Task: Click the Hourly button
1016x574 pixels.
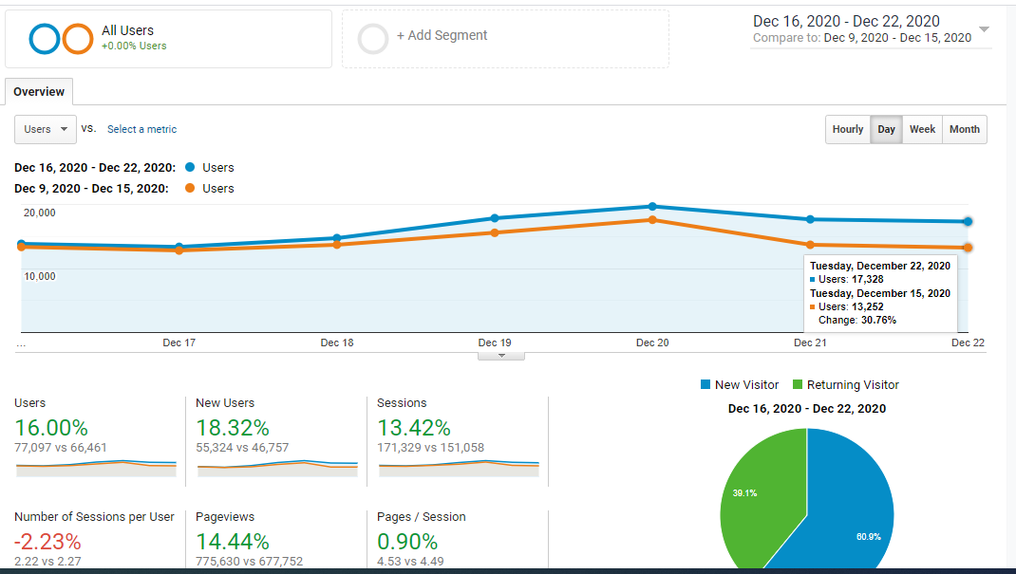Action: click(848, 129)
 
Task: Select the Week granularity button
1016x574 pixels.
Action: click(922, 129)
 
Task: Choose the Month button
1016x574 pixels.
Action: click(965, 129)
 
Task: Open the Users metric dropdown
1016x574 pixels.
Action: click(46, 129)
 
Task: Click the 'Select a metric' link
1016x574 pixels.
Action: click(141, 129)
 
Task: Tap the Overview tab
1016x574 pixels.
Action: click(39, 92)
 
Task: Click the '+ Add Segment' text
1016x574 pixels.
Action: click(442, 36)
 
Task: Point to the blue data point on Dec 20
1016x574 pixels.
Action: click(652, 207)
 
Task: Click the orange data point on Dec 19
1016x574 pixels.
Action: click(495, 232)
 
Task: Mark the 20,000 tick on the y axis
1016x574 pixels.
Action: click(40, 213)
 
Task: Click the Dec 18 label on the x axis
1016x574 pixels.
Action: click(337, 343)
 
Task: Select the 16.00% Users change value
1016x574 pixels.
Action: click(51, 428)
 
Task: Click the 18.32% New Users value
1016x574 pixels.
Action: click(233, 428)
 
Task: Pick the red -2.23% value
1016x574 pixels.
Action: click(47, 542)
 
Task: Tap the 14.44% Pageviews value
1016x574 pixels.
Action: click(233, 542)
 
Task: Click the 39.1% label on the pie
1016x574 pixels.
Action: click(744, 493)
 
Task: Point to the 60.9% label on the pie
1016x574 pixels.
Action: click(868, 536)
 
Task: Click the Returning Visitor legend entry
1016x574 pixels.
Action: click(846, 385)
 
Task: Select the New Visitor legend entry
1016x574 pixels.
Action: click(740, 385)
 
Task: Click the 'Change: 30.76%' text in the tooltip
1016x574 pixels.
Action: click(857, 321)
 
